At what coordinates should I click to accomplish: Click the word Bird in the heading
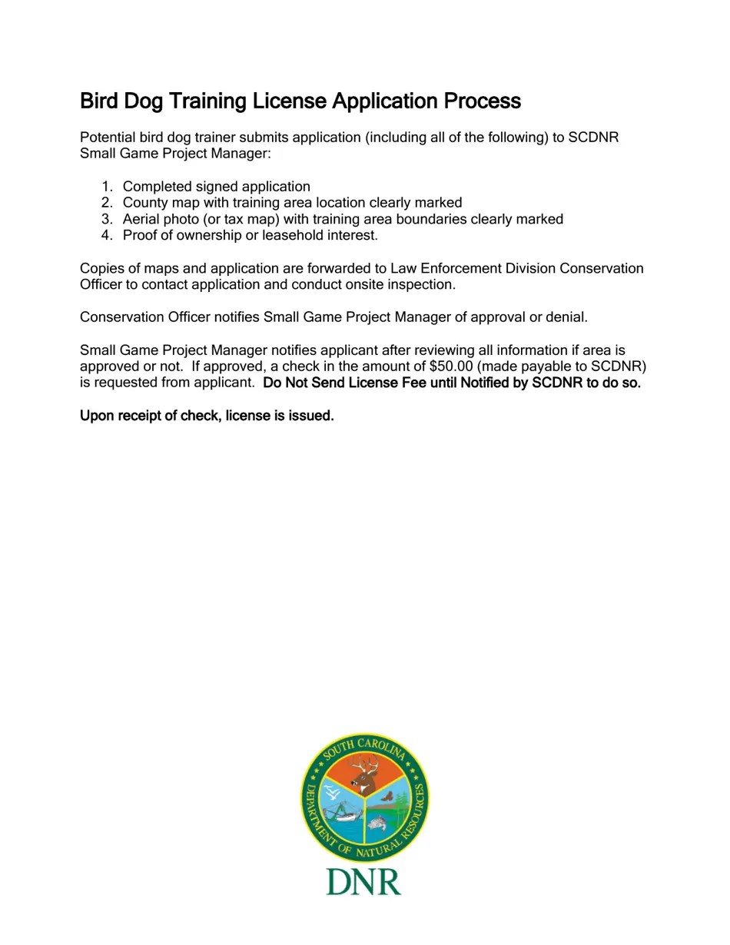coord(98,101)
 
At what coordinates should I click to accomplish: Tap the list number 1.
coord(106,187)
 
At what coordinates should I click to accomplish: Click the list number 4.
coord(106,236)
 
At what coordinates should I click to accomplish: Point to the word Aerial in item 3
coord(141,220)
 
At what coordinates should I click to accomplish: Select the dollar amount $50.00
coord(450,366)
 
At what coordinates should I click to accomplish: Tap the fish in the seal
coord(377,824)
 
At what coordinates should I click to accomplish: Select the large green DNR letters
coord(363,882)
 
